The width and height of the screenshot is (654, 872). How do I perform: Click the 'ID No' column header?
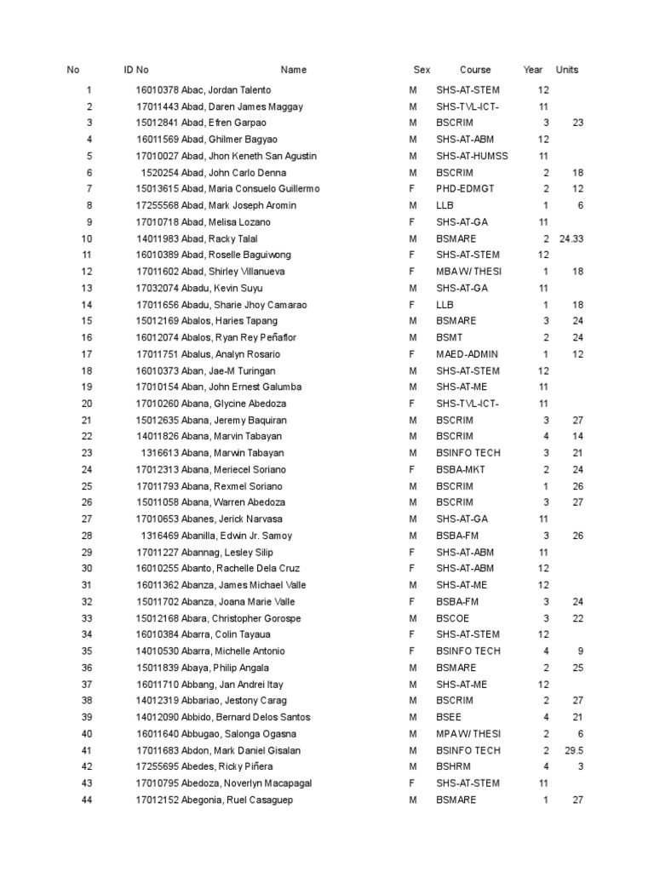click(x=136, y=70)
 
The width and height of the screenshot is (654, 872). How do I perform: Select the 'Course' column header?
click(x=475, y=70)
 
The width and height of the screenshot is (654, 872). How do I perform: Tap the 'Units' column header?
click(x=566, y=70)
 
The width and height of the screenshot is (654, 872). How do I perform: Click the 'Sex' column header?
click(x=422, y=70)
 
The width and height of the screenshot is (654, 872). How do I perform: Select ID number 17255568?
click(x=158, y=205)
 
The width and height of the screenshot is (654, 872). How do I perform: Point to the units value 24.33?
click(x=571, y=238)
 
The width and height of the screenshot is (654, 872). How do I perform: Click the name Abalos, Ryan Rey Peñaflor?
click(x=239, y=337)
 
